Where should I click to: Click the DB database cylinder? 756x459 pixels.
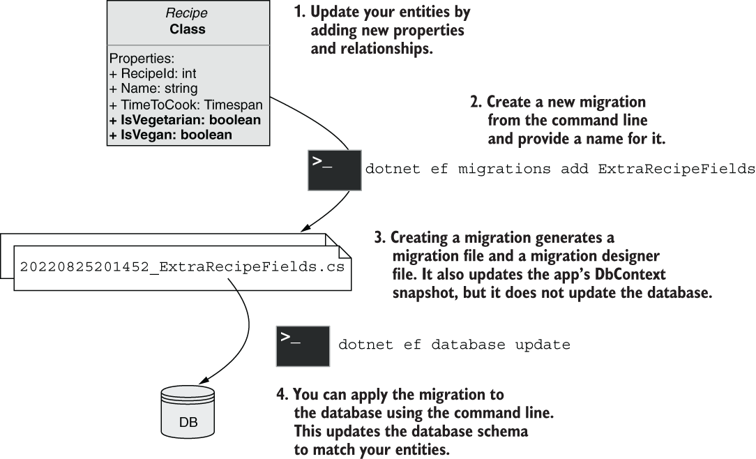point(188,412)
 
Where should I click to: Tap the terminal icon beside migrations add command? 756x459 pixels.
point(335,170)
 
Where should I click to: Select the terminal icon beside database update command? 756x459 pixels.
point(303,346)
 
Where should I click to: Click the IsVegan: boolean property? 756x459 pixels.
point(171,135)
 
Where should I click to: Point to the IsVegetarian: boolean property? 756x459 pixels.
point(185,120)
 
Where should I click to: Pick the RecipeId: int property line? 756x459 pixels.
point(153,73)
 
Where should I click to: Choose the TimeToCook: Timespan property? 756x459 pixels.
point(186,105)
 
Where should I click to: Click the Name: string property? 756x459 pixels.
point(153,89)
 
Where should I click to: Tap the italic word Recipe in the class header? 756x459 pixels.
point(187,13)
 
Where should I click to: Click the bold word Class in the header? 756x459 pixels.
point(188,29)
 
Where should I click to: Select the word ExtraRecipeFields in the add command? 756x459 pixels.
point(676,169)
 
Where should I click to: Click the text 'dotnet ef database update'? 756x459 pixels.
point(454,345)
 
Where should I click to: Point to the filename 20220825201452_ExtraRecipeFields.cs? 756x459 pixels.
point(182,267)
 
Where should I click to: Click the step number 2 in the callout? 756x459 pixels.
point(476,103)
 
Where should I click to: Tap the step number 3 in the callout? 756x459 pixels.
point(380,238)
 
